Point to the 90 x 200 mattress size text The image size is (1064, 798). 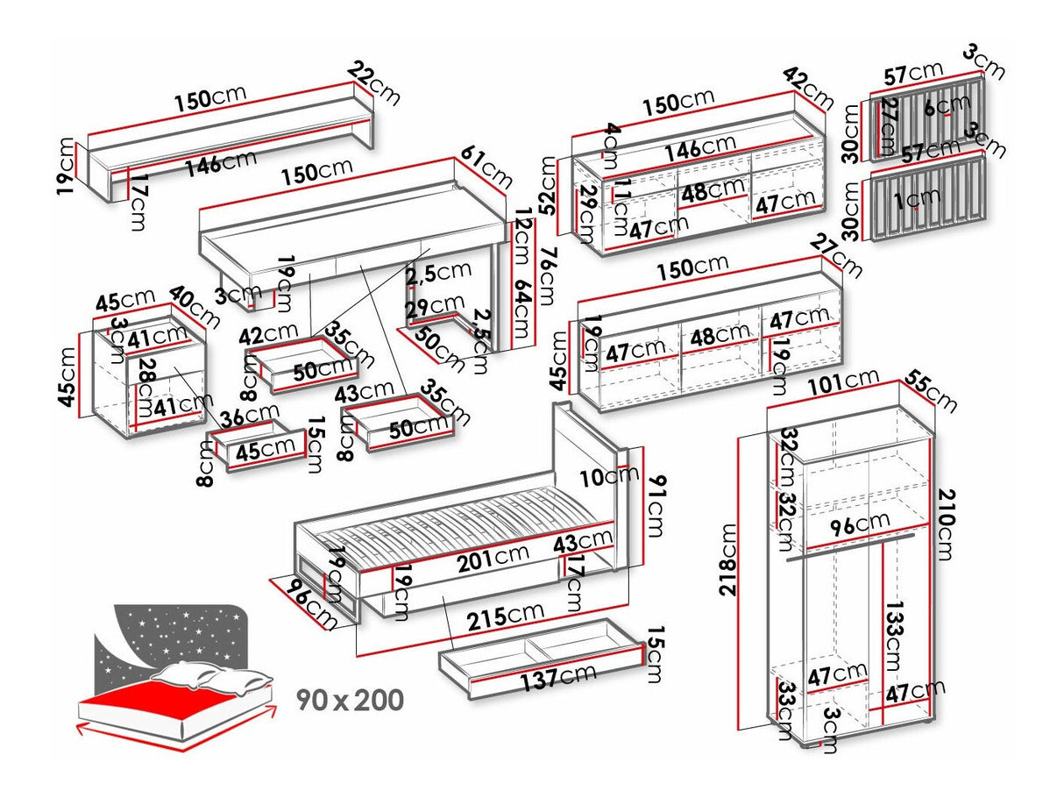tap(350, 700)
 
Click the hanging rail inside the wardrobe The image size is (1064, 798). tap(849, 544)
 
